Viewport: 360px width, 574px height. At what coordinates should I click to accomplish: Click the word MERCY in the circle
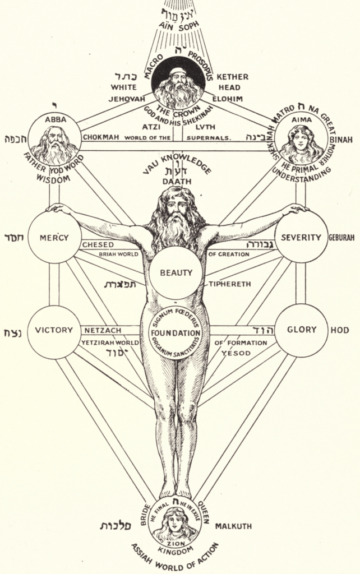[x=54, y=238]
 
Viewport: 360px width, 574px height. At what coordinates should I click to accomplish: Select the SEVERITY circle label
[x=302, y=238]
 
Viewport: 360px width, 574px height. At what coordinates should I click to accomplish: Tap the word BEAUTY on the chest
[x=176, y=274]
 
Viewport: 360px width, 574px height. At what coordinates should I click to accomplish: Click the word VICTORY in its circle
[x=54, y=330]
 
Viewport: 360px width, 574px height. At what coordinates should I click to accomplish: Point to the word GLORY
[x=302, y=330]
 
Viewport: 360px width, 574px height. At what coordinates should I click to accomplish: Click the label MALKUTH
[x=233, y=526]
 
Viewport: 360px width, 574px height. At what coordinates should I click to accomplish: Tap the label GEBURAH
[x=341, y=238]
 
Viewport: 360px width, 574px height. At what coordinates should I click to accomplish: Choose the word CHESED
[x=98, y=245]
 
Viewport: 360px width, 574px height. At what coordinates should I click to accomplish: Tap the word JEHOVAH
[x=127, y=98]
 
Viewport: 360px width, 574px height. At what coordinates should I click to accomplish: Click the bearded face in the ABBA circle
[x=55, y=138]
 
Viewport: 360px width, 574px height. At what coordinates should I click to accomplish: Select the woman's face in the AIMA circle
[x=301, y=140]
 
